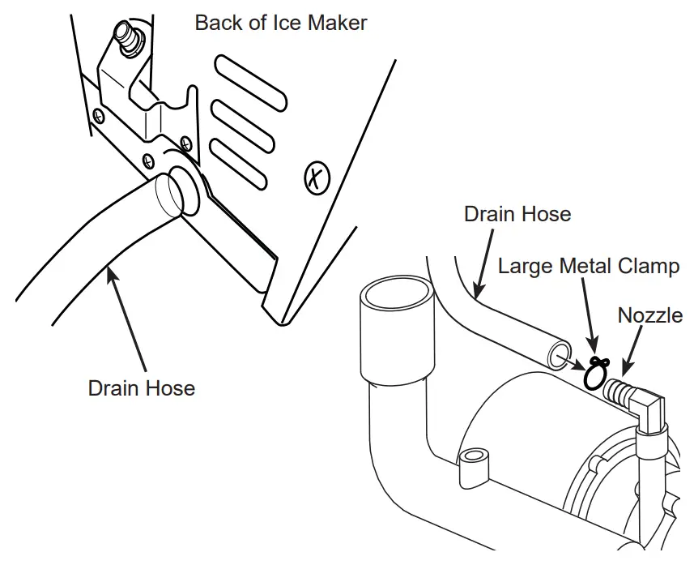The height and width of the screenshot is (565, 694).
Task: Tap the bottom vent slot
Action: click(239, 162)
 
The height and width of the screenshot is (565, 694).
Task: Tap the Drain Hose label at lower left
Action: click(141, 388)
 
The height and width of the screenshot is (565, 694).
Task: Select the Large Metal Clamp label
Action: click(588, 266)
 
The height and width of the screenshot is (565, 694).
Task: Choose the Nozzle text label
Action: click(649, 315)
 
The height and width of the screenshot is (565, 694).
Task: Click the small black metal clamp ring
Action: click(596, 374)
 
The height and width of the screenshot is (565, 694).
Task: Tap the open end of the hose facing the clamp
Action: click(559, 355)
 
